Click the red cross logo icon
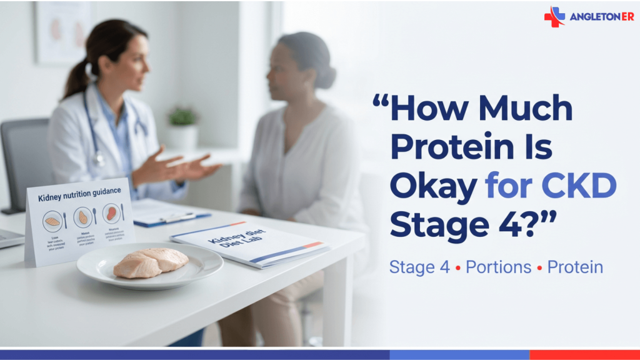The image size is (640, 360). [x=554, y=16]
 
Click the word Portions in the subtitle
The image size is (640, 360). [x=499, y=267]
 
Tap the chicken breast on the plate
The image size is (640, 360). [x=151, y=262]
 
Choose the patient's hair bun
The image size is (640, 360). [x=325, y=75]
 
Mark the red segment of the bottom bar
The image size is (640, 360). [x=584, y=354]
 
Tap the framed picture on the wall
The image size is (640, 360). [x=62, y=31]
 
